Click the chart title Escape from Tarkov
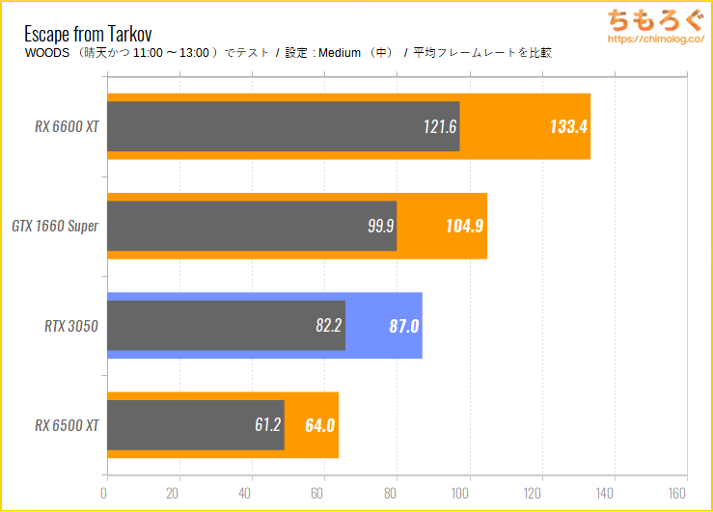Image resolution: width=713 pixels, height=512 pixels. coord(88,32)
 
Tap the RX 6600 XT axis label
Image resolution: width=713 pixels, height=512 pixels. coord(68,126)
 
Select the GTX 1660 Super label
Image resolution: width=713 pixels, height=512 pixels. coord(55,226)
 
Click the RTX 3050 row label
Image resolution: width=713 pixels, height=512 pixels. coord(71,326)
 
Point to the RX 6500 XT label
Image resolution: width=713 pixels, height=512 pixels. coord(68,425)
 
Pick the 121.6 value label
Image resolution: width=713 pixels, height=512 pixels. coord(440,126)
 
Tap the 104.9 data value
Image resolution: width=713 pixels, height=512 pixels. coord(464,226)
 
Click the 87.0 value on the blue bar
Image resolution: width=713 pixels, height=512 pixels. coord(403,326)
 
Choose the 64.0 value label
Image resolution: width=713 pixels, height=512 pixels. coord(319,425)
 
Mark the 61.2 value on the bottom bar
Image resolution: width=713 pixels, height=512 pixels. coord(268,425)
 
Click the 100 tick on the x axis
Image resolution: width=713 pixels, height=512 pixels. coord(469,493)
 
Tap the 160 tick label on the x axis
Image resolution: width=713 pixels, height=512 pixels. coord(686,493)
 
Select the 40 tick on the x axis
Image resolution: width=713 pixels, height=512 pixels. coord(252,493)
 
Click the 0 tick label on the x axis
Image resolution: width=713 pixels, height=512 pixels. coord(104,493)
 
